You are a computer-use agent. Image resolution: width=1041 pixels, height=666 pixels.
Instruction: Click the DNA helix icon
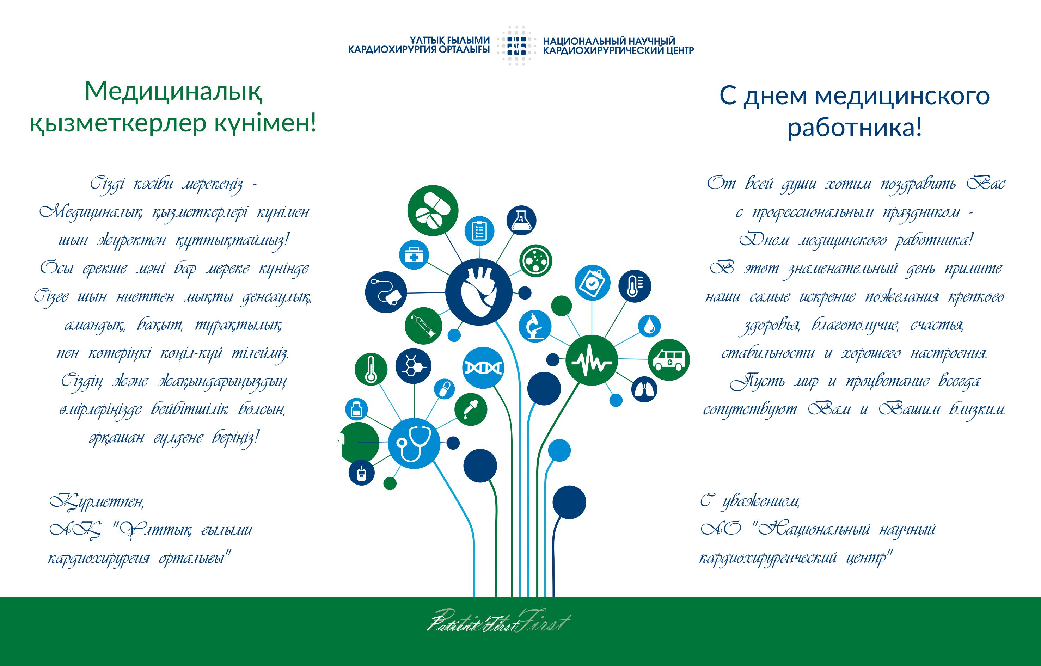[x=483, y=368]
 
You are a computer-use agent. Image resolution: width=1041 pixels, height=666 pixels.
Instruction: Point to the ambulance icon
[x=668, y=360]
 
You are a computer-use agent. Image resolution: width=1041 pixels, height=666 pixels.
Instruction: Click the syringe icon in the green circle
[x=424, y=326]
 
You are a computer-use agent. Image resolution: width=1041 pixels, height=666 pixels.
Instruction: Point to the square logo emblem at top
[x=516, y=45]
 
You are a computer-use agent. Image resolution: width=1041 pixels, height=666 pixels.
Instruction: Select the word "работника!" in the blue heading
[x=855, y=128]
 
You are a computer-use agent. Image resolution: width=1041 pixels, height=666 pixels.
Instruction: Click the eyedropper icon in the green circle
[x=471, y=409]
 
